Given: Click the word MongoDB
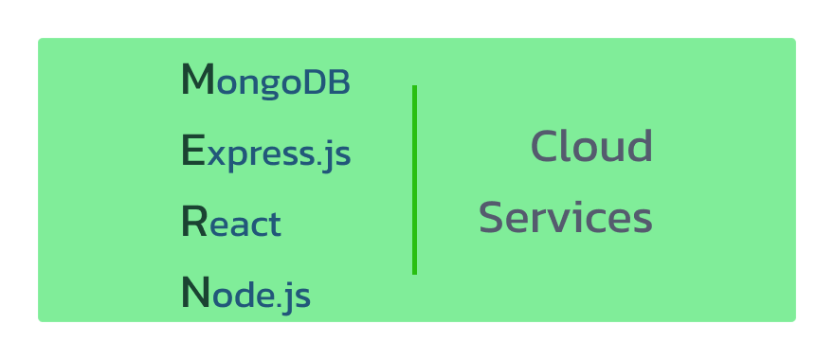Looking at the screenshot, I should tap(265, 81).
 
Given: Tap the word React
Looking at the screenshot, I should tap(230, 224).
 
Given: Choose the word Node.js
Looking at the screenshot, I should tap(245, 295).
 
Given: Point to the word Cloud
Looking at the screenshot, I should tap(591, 147).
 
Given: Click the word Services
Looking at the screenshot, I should tap(565, 218).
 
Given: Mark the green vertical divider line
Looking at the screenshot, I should tap(414, 180).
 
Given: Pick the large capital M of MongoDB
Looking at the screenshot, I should tap(197, 81).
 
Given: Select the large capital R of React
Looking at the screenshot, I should tap(193, 223).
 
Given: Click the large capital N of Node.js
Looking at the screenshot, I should tap(194, 294).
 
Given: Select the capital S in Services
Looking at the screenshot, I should tap(491, 218).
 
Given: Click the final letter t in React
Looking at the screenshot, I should tap(274, 225).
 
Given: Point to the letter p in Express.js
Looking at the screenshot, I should tap(235, 157).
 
